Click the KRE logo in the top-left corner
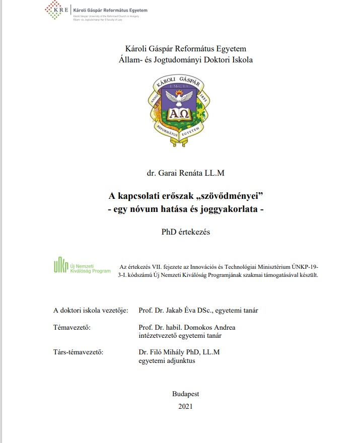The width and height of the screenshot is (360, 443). (56, 10)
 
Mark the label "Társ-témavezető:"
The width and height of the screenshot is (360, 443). (78, 352)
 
